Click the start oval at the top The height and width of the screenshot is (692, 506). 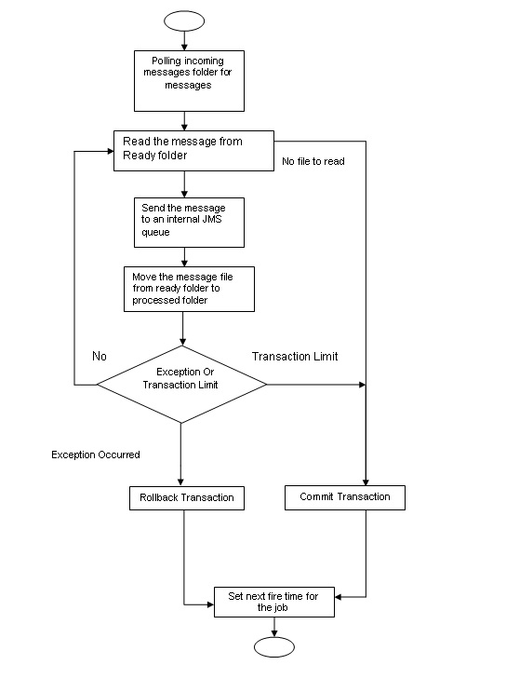(x=183, y=20)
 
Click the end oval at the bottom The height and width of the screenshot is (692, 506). (x=273, y=647)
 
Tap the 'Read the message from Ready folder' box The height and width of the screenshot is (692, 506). (x=193, y=150)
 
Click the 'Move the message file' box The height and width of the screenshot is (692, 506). (x=189, y=289)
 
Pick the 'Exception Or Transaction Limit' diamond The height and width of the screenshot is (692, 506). (x=182, y=385)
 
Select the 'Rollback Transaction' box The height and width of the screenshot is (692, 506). (x=185, y=498)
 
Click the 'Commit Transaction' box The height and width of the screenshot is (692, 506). (x=344, y=497)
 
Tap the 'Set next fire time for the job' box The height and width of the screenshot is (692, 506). (x=274, y=602)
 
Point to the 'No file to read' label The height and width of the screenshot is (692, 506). (x=313, y=161)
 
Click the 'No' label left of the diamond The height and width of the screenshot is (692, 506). (x=99, y=356)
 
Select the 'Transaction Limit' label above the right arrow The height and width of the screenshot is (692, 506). (x=294, y=356)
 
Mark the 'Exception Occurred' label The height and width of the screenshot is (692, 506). (x=96, y=455)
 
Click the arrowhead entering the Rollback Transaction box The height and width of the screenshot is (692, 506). (x=182, y=482)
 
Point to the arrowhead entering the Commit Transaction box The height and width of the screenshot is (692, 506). (x=366, y=482)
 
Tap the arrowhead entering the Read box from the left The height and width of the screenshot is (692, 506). (x=110, y=151)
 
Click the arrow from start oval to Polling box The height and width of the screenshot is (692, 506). (x=183, y=39)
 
